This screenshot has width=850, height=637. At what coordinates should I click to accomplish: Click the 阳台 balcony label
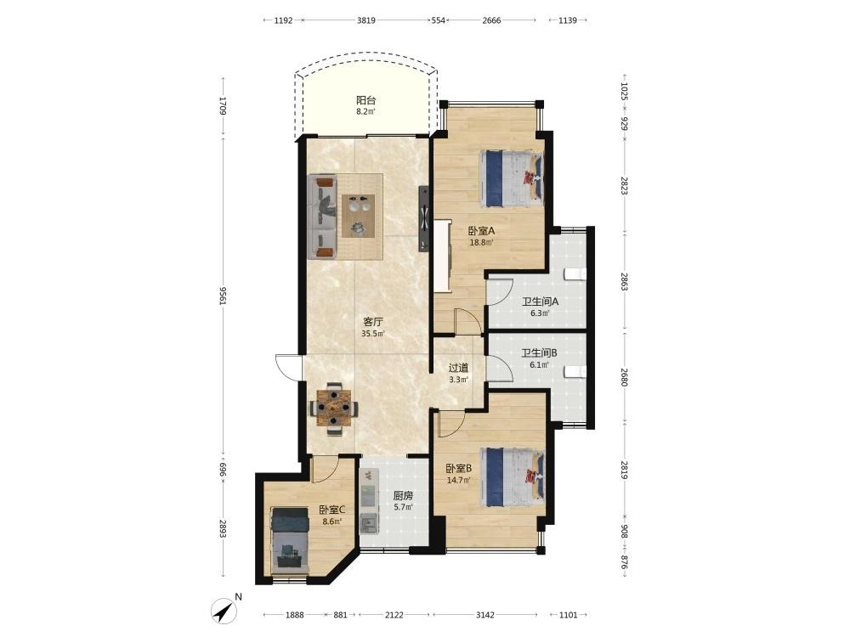[x=365, y=100]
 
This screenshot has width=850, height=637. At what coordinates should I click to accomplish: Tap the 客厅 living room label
[x=373, y=322]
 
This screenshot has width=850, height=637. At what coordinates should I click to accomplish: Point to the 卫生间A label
[x=540, y=302]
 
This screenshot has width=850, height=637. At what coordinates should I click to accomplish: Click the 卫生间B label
[x=540, y=353]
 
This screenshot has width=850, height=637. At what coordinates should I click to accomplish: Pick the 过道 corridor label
[x=458, y=368]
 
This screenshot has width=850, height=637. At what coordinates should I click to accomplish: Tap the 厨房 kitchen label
[x=403, y=496]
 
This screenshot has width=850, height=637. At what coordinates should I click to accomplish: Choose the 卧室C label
[x=332, y=510]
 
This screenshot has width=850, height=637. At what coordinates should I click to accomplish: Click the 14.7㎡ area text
[x=458, y=479]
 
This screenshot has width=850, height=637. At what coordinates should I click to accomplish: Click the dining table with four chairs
[x=333, y=409]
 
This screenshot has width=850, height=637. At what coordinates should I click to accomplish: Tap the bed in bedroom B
[x=512, y=477]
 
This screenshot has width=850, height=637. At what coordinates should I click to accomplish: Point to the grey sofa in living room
[x=322, y=217]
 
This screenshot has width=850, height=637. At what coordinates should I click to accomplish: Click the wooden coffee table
[x=358, y=216]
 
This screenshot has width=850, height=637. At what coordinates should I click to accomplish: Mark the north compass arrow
[x=224, y=611]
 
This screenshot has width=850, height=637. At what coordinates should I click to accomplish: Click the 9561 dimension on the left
[x=222, y=296]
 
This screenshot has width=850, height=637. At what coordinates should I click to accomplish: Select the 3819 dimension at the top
[x=365, y=20]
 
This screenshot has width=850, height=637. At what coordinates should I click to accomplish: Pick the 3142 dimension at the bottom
[x=484, y=615]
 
